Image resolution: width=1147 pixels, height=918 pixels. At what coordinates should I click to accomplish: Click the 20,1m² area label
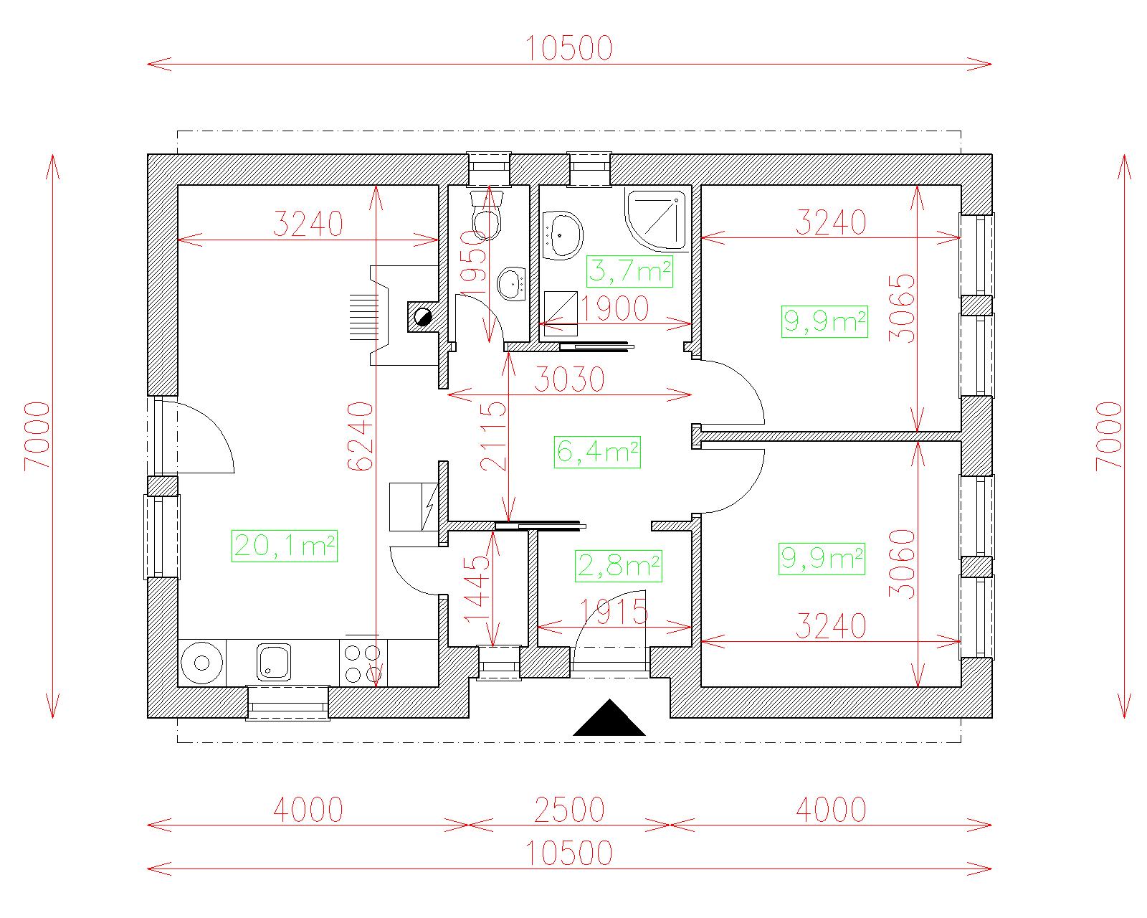pos(284,546)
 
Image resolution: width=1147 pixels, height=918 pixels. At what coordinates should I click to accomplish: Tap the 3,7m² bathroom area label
pos(629,272)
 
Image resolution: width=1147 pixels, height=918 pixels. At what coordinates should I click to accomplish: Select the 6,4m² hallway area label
pos(597,453)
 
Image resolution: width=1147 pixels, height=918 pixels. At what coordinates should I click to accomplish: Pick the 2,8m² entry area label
pos(618,566)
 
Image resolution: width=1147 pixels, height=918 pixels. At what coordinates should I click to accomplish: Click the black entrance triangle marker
pos(609,718)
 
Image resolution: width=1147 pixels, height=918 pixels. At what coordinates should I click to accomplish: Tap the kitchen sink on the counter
pos(274,662)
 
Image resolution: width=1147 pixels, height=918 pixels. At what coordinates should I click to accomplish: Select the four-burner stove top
pos(363,663)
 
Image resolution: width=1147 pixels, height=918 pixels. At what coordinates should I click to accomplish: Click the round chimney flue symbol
pos(423,317)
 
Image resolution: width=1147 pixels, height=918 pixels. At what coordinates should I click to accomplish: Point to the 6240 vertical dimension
pos(361,436)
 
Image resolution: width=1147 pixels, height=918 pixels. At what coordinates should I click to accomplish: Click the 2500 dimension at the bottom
pos(569,810)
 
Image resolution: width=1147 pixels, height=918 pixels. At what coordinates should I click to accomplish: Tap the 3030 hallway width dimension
pos(569,379)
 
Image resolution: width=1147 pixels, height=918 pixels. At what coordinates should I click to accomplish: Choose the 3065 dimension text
pos(901,308)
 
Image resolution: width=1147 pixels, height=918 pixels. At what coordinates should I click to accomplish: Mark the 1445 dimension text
pos(477,590)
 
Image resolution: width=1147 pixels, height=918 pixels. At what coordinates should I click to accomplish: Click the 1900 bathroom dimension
pos(614,308)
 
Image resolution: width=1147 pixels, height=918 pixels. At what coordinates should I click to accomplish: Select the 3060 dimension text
pos(901,564)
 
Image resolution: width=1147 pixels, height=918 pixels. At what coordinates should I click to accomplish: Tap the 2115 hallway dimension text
pos(493,436)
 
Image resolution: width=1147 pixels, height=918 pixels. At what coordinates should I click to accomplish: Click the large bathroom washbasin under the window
pos(563,235)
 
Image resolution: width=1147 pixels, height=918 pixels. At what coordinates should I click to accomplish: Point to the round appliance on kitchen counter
pos(201,663)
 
